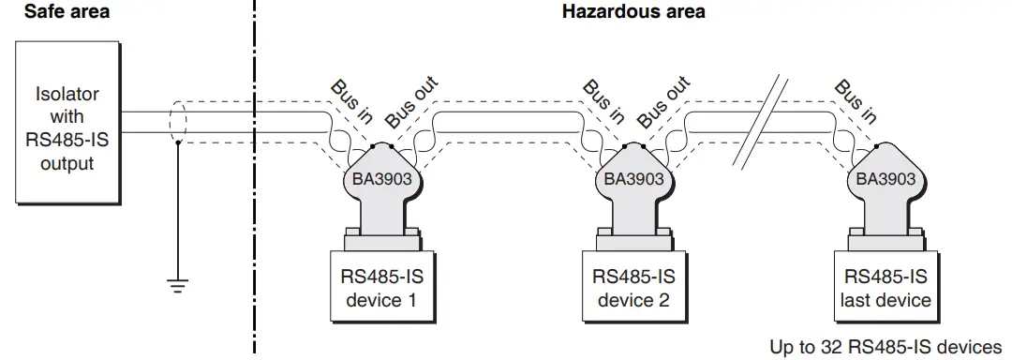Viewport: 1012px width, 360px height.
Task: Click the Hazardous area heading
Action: point(633,12)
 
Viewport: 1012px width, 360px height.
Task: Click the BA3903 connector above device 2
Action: point(633,183)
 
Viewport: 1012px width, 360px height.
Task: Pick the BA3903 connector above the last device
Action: point(885,183)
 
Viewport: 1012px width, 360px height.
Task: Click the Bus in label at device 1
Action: point(351,101)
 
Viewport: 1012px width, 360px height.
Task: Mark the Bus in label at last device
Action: point(855,101)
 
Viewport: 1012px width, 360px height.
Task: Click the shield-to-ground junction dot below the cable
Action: point(176,144)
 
